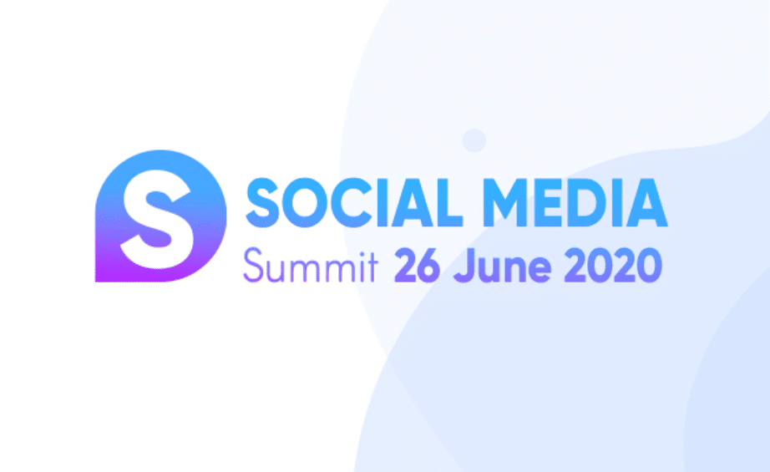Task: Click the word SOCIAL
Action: tap(354, 203)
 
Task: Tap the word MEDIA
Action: tap(575, 203)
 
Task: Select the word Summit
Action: tap(311, 265)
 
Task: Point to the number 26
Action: tap(417, 265)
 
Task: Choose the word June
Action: tap(502, 266)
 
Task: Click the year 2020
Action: tap(613, 265)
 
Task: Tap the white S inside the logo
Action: tap(157, 219)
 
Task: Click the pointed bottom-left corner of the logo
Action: tap(96, 282)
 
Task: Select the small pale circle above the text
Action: tap(474, 140)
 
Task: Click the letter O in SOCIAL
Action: tap(305, 203)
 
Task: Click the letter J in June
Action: tap(464, 266)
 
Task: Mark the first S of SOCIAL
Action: tap(262, 203)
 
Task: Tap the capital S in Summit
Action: tap(254, 265)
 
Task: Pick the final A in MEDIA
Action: tap(646, 203)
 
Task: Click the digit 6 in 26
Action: tap(428, 266)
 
